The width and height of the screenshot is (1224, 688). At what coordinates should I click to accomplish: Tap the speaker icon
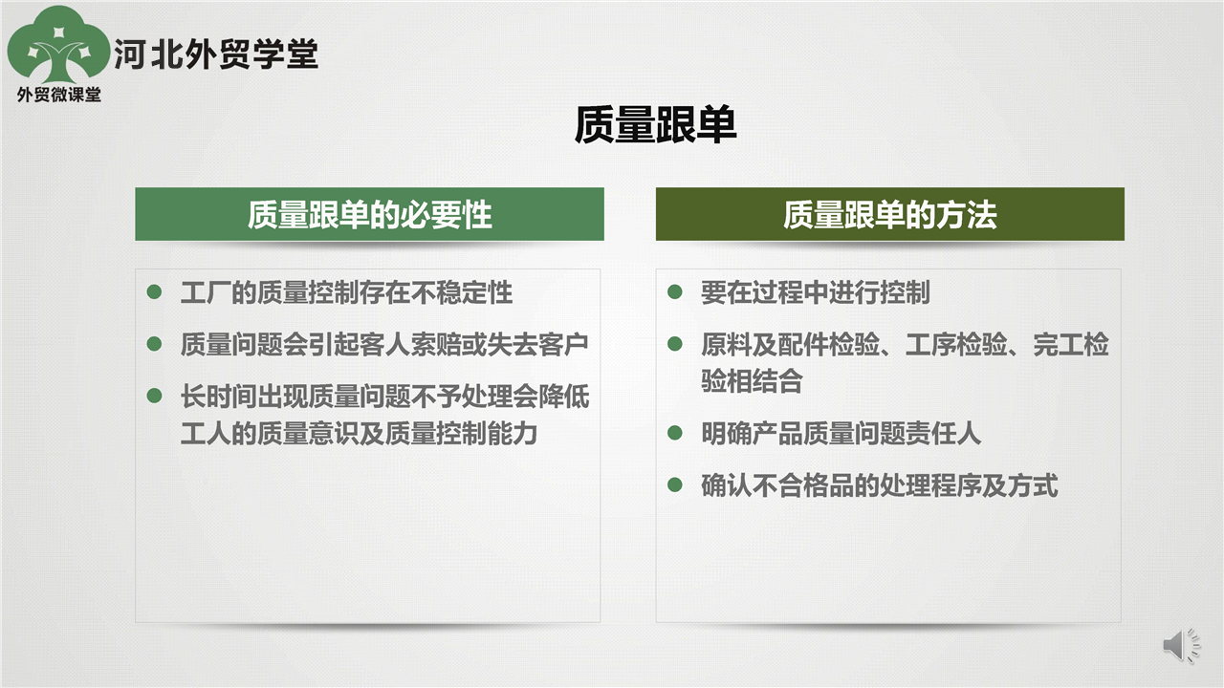1182,645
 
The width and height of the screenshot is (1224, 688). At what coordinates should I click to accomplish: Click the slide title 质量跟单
655,125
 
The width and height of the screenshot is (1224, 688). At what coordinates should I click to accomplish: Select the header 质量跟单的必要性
369,215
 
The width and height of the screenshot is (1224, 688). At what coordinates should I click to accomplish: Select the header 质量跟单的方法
889,215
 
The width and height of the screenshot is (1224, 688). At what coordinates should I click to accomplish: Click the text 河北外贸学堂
216,54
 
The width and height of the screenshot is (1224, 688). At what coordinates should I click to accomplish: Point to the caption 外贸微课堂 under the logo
59,95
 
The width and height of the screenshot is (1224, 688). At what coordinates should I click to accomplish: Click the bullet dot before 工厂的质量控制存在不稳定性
155,291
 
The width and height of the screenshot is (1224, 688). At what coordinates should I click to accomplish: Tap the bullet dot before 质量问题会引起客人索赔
155,343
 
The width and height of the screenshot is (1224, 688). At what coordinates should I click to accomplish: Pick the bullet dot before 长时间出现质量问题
155,396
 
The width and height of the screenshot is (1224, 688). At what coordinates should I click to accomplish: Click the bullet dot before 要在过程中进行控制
675,291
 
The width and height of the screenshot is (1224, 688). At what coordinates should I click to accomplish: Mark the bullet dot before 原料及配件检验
675,343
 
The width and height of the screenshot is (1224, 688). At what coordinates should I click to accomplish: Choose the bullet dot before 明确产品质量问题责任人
675,433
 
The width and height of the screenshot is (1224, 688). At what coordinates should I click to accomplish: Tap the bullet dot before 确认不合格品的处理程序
675,484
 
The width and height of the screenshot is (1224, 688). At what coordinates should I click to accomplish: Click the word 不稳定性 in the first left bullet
462,292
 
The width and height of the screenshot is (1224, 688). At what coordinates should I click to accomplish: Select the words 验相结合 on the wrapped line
753,380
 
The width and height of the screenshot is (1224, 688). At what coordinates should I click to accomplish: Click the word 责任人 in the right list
944,434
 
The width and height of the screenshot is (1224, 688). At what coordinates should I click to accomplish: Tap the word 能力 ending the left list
513,434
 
